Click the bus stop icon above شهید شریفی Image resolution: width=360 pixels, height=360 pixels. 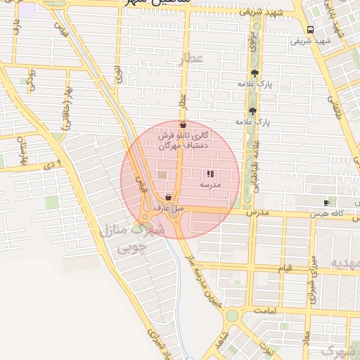(310, 30)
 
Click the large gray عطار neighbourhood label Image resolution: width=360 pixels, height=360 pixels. (191, 59)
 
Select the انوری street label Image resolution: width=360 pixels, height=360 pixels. (118, 73)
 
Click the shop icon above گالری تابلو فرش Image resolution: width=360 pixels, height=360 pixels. (183, 125)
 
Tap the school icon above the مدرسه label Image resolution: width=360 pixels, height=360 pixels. (210, 174)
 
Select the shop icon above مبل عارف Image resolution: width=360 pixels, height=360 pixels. (167, 198)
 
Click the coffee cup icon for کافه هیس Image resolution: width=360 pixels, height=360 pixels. (326, 202)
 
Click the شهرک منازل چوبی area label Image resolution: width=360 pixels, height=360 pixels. (133, 238)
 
